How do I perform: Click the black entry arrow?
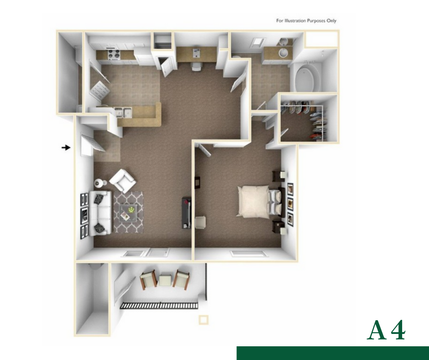click(x=66, y=148)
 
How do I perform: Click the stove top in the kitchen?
click(x=114, y=54)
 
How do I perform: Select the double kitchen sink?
click(x=123, y=112)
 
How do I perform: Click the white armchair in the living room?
click(x=122, y=180)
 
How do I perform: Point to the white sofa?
click(x=100, y=213)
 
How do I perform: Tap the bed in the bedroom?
click(x=259, y=201)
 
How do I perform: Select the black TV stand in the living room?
click(x=186, y=212)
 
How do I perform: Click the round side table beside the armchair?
click(x=98, y=183)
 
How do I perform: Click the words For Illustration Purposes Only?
click(x=306, y=21)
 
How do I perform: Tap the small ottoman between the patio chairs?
click(x=165, y=280)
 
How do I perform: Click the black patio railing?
click(x=160, y=306)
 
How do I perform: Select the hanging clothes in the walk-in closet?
click(x=317, y=122)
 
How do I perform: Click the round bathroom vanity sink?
click(x=283, y=52)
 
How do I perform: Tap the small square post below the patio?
click(x=203, y=320)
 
